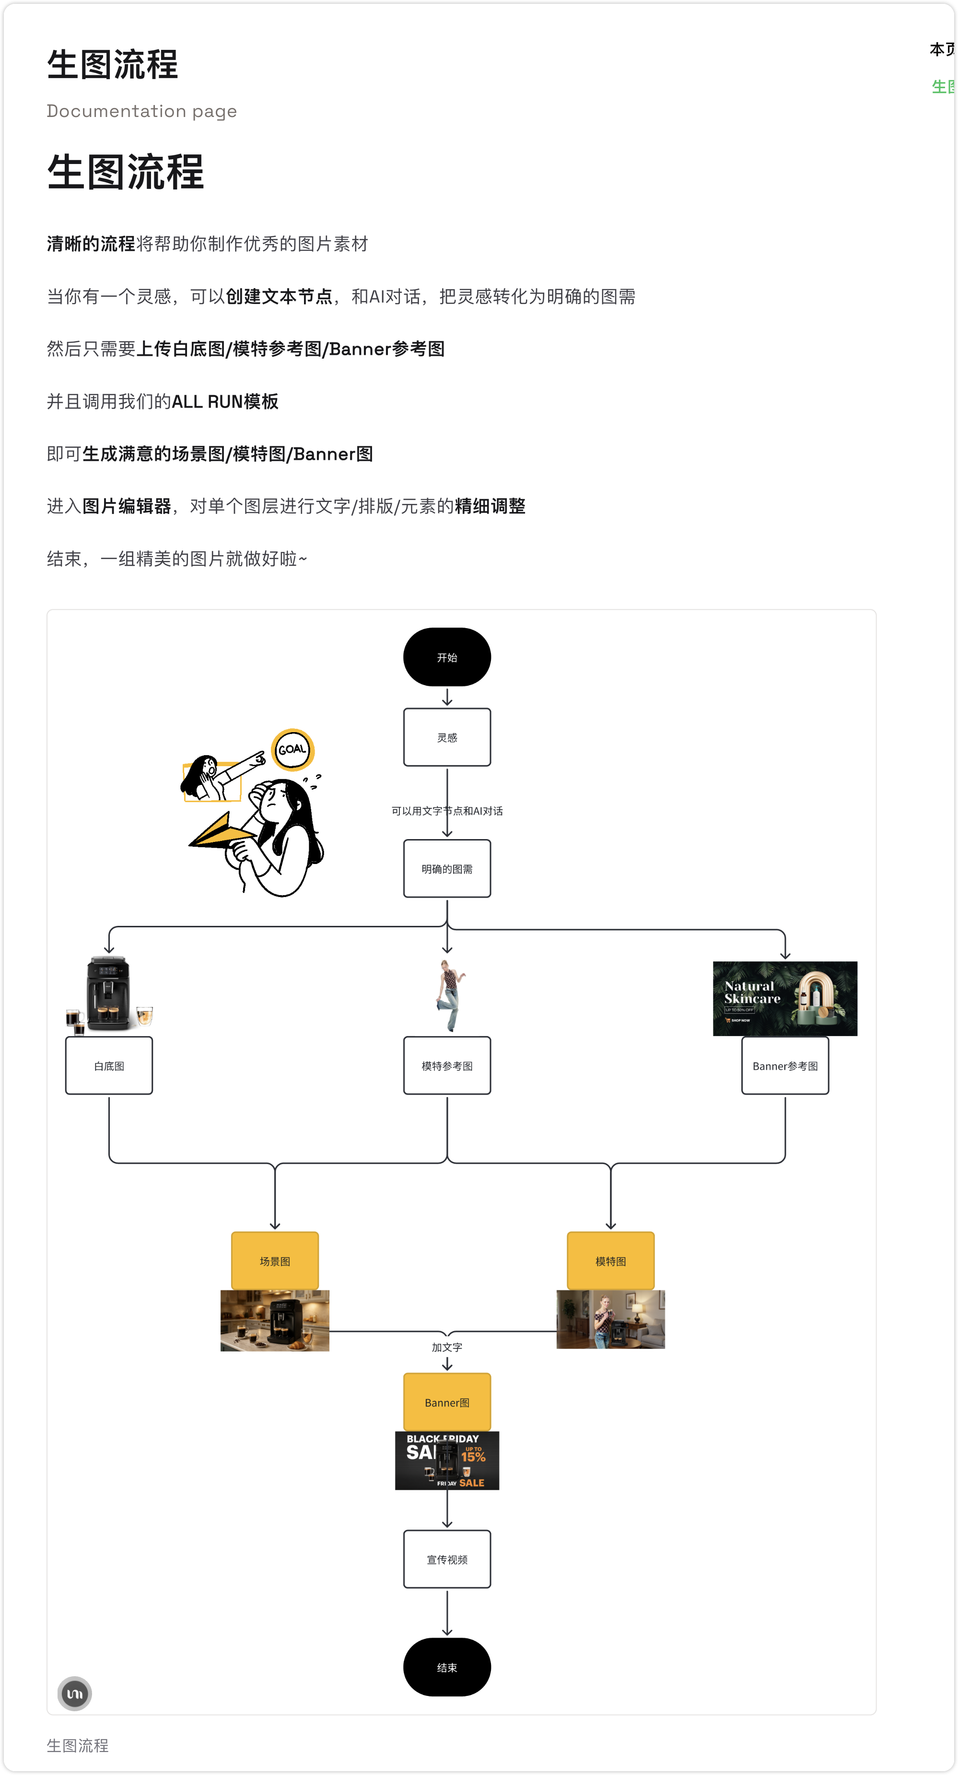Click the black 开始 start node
pyautogui.click(x=446, y=657)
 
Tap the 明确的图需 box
pyautogui.click(x=446, y=868)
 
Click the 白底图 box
pyautogui.click(x=109, y=1065)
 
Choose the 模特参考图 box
pyautogui.click(x=446, y=1065)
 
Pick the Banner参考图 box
pyautogui.click(x=785, y=1065)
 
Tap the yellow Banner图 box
pyautogui.click(x=446, y=1402)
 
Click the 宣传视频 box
pyautogui.click(x=446, y=1559)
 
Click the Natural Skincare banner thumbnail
pyautogui.click(x=785, y=998)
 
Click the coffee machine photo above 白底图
pyautogui.click(x=109, y=993)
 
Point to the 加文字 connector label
pyautogui.click(x=446, y=1347)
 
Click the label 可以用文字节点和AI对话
pyautogui.click(x=446, y=811)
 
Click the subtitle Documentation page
pyautogui.click(x=142, y=111)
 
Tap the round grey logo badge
pyautogui.click(x=74, y=1693)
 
